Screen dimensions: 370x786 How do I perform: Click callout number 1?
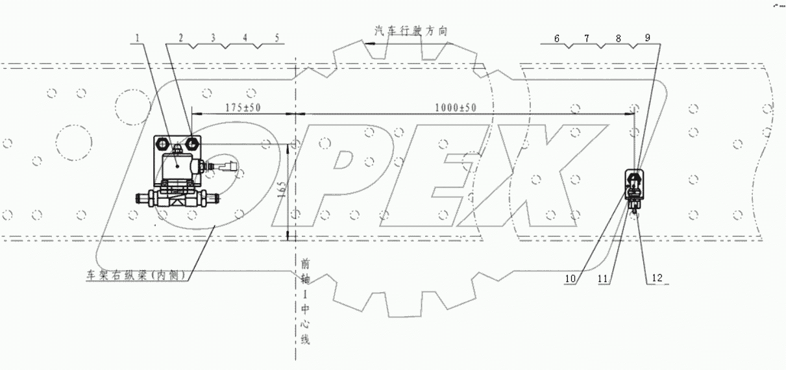coord(138,38)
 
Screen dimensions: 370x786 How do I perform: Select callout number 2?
coord(182,38)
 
